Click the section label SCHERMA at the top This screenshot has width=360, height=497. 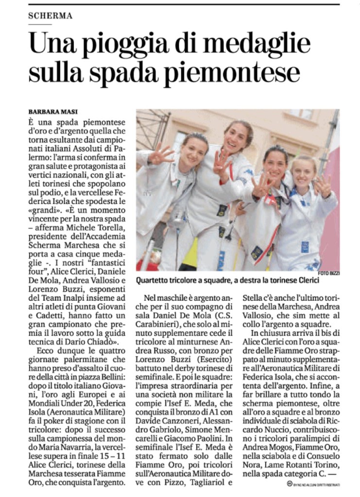[50, 16]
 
